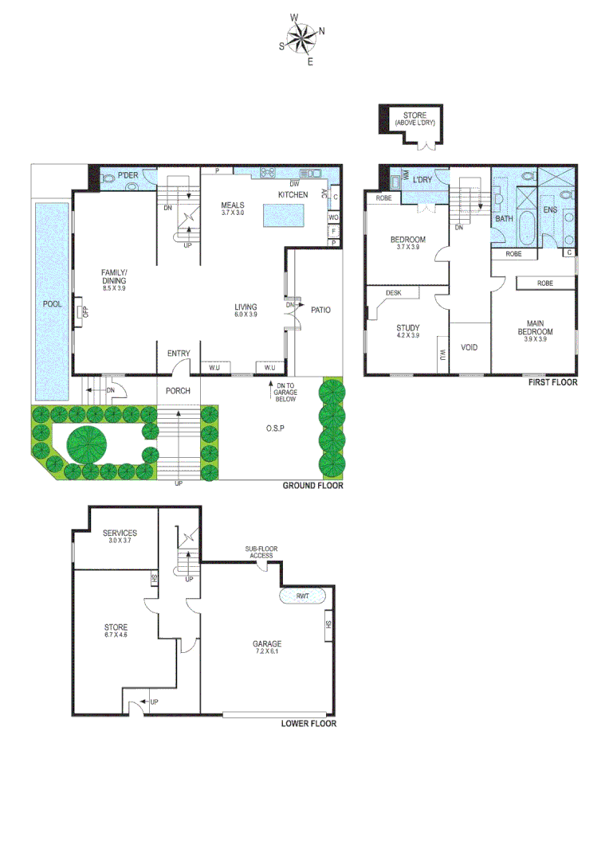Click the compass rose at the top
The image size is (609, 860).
pyautogui.click(x=301, y=37)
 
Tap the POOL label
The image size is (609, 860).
pyautogui.click(x=53, y=304)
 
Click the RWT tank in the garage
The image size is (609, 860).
pyautogui.click(x=302, y=596)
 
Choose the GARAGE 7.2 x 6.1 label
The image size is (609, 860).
pyautogui.click(x=268, y=647)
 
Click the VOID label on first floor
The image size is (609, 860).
pyautogui.click(x=470, y=348)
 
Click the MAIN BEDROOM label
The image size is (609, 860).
pyautogui.click(x=534, y=326)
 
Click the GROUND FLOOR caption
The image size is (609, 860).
pyautogui.click(x=313, y=485)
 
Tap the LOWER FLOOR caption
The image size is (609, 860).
pyautogui.click(x=308, y=724)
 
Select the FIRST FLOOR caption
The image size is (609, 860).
pyautogui.click(x=552, y=382)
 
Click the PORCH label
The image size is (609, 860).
pyautogui.click(x=178, y=391)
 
